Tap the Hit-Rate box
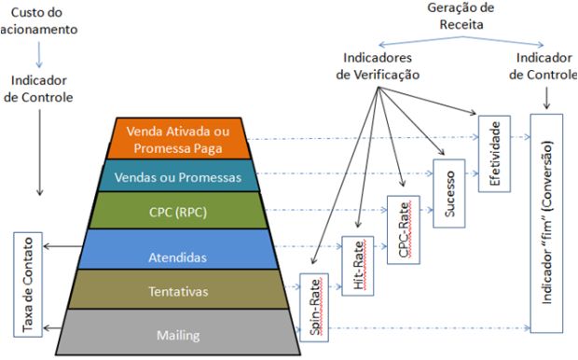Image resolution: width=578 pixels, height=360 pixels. (359, 266)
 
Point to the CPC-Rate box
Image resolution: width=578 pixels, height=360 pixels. (403, 228)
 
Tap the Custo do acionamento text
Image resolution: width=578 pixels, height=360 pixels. (38, 21)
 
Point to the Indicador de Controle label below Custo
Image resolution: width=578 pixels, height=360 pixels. (39, 87)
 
